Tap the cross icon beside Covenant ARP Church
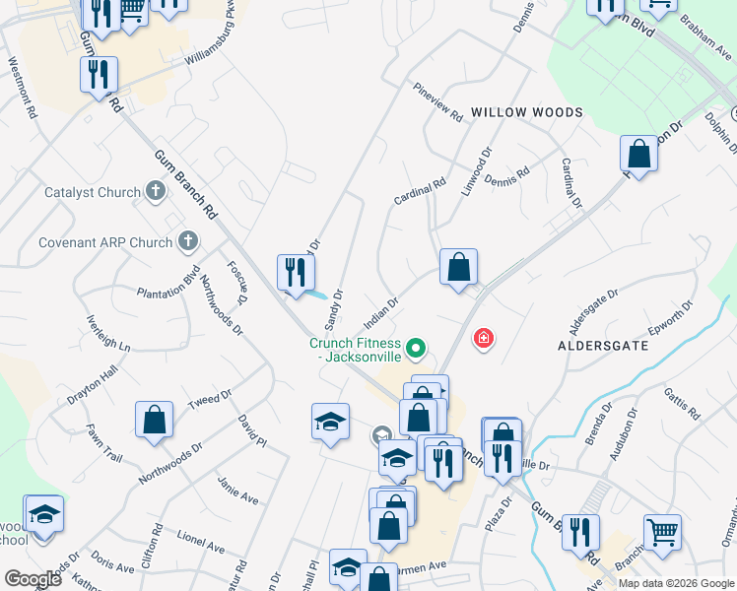pyautogui.click(x=188, y=241)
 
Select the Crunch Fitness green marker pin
pyautogui.click(x=417, y=347)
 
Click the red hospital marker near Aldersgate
pyautogui.click(x=483, y=340)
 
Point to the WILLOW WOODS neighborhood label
pyautogui.click(x=526, y=113)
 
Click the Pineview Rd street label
pyautogui.click(x=437, y=101)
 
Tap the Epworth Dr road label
pyautogui.click(x=673, y=314)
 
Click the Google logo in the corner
pyautogui.click(x=33, y=579)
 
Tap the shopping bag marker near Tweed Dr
pyautogui.click(x=155, y=420)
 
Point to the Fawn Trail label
pyautogui.click(x=103, y=444)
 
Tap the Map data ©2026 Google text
pyautogui.click(x=676, y=583)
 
